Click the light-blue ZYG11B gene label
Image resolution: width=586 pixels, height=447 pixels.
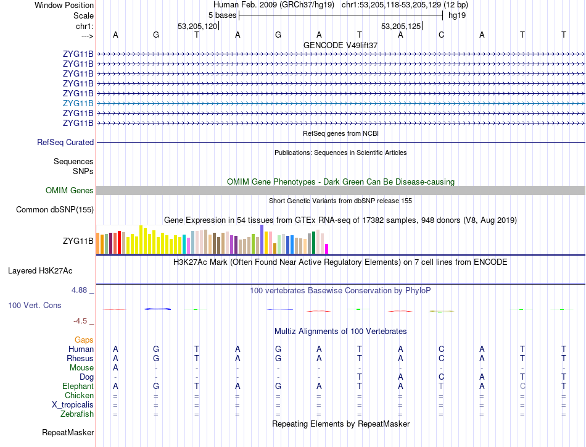[78, 104]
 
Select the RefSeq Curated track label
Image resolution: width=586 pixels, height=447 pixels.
[65, 143]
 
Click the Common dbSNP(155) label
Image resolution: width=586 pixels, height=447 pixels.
[54, 210]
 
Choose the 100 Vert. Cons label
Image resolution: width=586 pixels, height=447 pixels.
[35, 306]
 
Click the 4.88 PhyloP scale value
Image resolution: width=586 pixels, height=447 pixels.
[81, 290]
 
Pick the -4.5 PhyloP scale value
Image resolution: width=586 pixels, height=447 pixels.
[81, 321]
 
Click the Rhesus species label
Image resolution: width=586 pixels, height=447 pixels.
[80, 359]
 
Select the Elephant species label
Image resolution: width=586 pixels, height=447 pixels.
[78, 386]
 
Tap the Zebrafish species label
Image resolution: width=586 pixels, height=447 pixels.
[78, 414]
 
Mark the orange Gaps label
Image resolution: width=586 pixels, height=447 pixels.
[84, 340]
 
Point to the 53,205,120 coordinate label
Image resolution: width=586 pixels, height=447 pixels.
[197, 27]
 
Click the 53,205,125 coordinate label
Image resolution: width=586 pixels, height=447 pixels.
[401, 27]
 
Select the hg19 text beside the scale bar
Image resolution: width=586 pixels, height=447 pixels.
[457, 15]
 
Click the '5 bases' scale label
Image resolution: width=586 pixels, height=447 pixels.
[222, 15]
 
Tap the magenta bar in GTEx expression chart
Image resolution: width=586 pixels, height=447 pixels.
[327, 249]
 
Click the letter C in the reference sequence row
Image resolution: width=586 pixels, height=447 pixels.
[441, 35]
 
